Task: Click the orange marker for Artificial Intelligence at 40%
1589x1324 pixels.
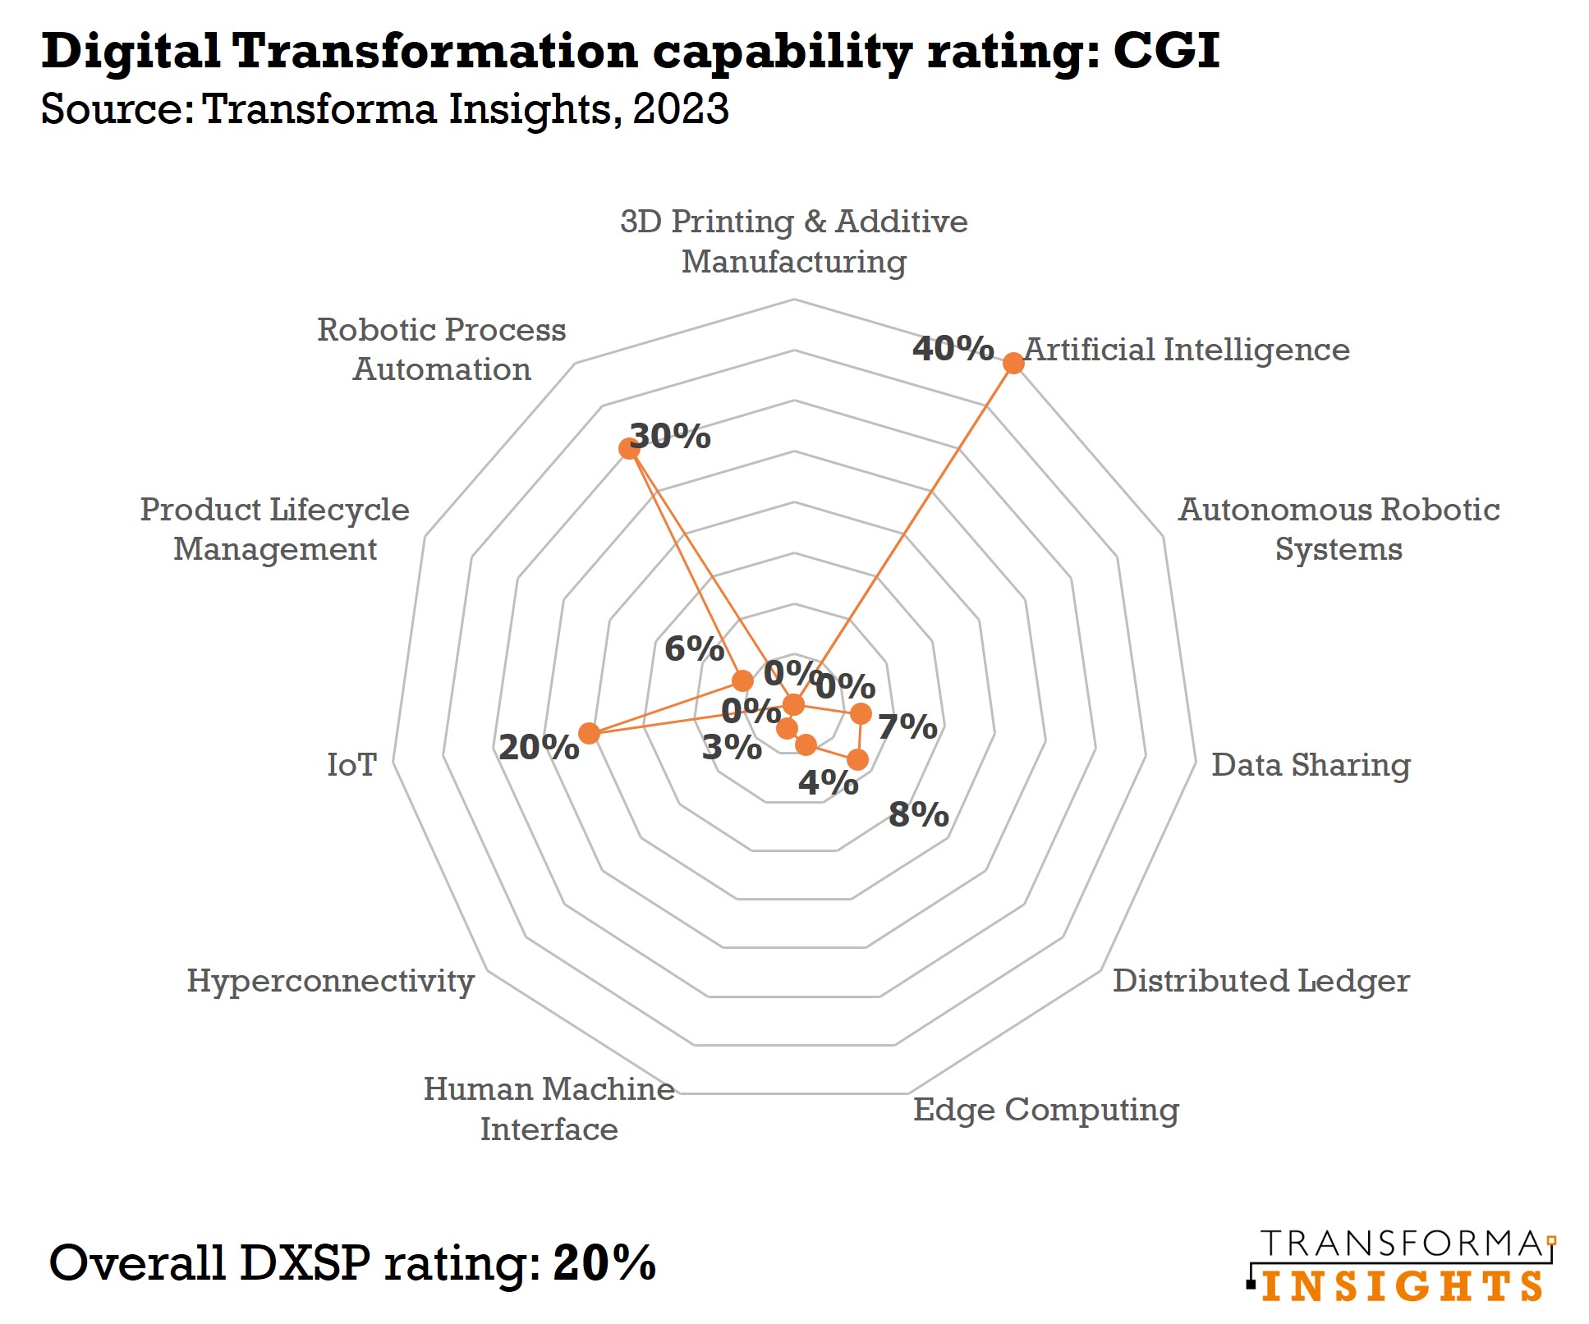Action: point(1013,363)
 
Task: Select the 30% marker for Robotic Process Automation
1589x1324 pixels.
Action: point(629,448)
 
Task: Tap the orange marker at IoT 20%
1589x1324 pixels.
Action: point(589,733)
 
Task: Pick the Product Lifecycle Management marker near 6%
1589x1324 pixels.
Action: point(742,680)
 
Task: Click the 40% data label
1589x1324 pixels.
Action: point(953,349)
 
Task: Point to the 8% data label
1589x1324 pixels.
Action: point(918,815)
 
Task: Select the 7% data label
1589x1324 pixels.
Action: point(907,727)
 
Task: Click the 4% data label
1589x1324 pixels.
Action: point(828,783)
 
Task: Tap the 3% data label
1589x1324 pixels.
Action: point(731,748)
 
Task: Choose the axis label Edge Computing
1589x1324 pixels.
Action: point(1045,1110)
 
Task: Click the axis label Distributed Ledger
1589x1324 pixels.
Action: point(1261,981)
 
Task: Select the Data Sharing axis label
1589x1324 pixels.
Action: point(1311,765)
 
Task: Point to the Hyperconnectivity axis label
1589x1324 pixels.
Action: point(330,981)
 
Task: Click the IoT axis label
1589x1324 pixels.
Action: point(351,765)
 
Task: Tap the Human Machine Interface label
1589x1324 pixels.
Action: point(549,1109)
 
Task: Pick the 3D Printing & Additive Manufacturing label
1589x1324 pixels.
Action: point(793,241)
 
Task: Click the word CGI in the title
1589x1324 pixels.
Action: point(1166,51)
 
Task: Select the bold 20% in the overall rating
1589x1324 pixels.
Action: point(604,1262)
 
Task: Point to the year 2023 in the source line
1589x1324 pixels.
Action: point(681,109)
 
